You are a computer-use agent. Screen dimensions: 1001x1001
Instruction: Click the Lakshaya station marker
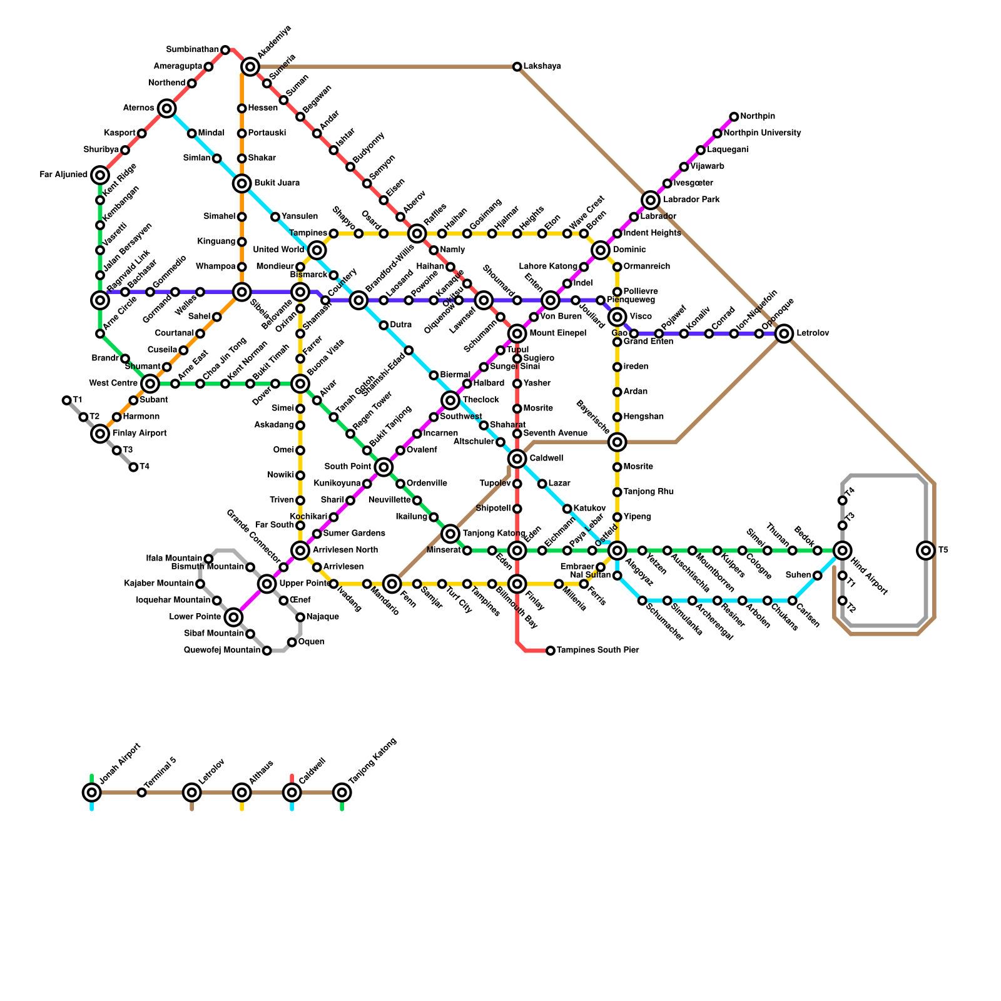point(517,67)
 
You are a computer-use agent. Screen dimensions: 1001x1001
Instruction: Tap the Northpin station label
point(758,116)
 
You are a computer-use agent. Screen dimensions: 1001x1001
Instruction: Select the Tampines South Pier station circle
point(551,651)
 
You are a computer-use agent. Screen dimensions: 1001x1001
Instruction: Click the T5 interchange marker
point(926,551)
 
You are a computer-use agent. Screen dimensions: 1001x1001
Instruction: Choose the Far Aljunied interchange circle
point(100,175)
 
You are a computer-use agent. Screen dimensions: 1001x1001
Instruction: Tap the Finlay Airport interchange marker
point(100,434)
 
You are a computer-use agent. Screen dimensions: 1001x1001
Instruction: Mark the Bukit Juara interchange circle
point(242,183)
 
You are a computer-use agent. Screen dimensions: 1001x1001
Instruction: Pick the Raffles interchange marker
point(417,234)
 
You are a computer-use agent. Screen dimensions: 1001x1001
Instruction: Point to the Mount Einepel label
point(557,333)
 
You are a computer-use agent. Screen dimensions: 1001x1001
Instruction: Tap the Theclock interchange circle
point(450,400)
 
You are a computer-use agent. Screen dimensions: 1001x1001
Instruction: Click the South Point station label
point(348,467)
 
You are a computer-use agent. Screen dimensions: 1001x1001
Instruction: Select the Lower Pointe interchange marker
point(233,617)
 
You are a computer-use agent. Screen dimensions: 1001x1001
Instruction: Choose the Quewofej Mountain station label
point(222,651)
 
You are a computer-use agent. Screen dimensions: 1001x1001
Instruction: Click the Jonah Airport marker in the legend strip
point(92,793)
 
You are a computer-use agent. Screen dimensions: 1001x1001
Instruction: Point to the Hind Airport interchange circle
point(842,551)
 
